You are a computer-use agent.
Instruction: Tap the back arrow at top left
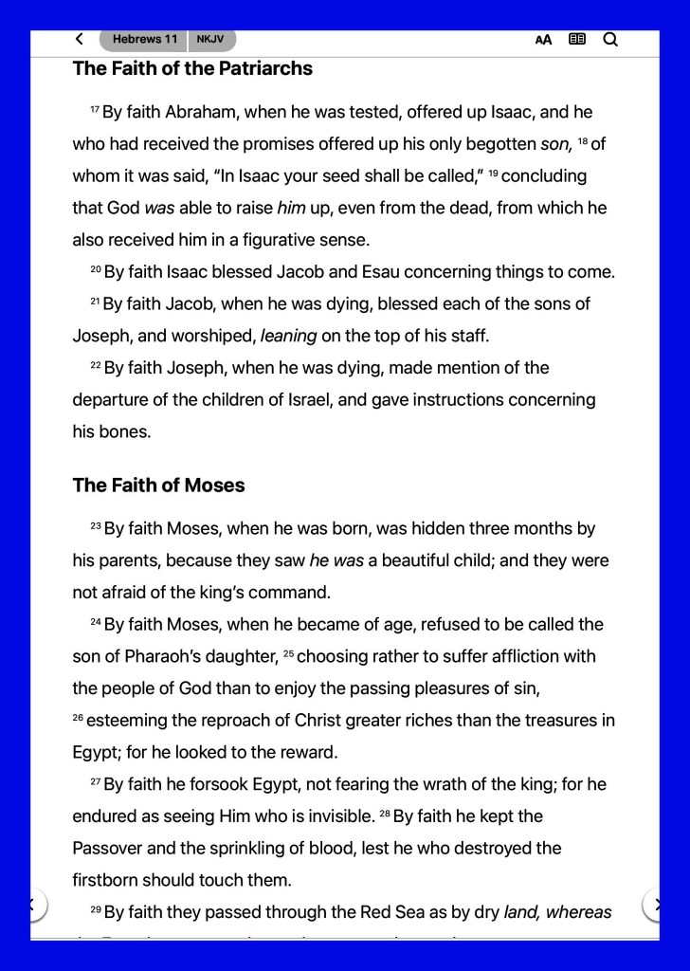pos(79,39)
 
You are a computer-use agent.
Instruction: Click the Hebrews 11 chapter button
pos(144,39)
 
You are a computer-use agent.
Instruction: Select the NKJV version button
pos(210,39)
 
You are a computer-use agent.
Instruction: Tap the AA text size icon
pos(543,40)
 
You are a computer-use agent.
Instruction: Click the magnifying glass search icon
pos(610,39)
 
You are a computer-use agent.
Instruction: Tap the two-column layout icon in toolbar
pos(576,39)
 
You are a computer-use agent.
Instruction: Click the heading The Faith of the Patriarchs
pos(192,68)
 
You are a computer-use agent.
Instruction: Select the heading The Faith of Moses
pos(158,485)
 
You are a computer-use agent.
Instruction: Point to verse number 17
pos(95,111)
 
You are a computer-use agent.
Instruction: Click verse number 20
pos(95,270)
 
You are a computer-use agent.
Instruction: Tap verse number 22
pos(95,366)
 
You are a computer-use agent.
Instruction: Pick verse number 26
pos(78,719)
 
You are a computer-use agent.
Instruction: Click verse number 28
pos(385,815)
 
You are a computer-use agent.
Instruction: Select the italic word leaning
pos(288,336)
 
